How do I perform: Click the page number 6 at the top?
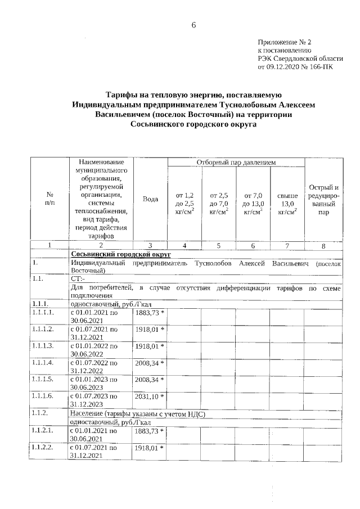click(193, 25)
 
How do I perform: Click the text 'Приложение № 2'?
click(284, 42)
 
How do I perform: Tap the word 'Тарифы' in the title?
click(125, 94)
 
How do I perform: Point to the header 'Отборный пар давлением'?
click(236, 163)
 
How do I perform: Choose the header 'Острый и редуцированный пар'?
click(323, 200)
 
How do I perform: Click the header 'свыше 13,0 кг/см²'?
click(287, 203)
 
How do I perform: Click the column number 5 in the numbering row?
click(219, 245)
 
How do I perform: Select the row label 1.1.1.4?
click(43, 363)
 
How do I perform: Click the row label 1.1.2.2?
click(43, 448)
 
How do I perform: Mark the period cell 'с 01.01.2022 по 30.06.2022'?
click(93, 350)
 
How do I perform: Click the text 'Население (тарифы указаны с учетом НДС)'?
click(137, 414)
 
